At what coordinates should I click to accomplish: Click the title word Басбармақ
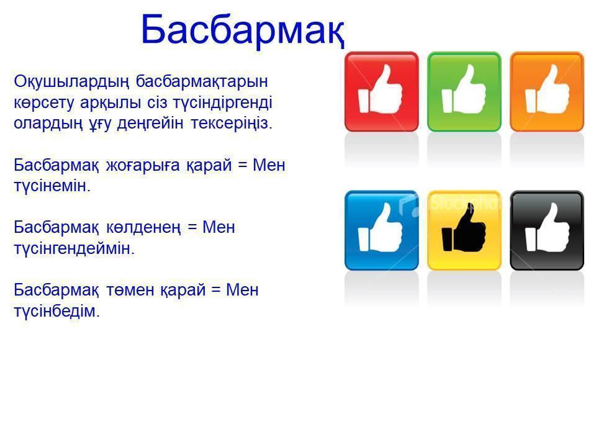(x=243, y=30)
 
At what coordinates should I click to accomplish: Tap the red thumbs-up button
(x=382, y=92)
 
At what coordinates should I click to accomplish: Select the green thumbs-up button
(x=464, y=92)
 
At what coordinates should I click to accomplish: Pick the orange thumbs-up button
(x=546, y=92)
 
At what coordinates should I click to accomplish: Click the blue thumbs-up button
(x=382, y=230)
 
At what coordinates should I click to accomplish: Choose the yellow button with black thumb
(x=464, y=230)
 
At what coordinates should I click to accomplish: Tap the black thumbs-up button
(x=546, y=230)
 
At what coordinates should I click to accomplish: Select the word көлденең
(x=143, y=228)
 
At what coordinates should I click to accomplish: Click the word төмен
(x=130, y=290)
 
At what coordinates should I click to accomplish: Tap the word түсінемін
(x=52, y=186)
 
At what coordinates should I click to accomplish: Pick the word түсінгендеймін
(x=74, y=249)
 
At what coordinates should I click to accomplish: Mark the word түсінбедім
(x=56, y=311)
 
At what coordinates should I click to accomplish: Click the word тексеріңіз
(x=232, y=124)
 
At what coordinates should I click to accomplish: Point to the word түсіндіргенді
(x=222, y=103)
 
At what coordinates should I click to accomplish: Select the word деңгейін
(x=150, y=124)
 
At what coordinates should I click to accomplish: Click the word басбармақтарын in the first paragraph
(x=202, y=82)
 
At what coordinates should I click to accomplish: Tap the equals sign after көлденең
(x=192, y=228)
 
